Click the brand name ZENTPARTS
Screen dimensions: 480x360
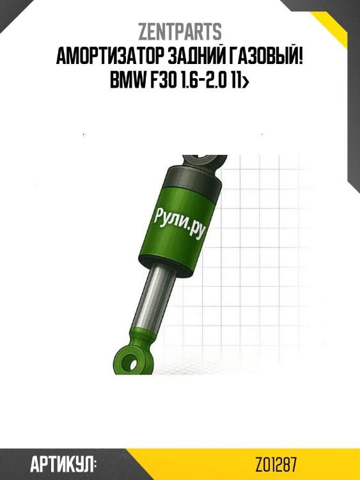[x=180, y=31]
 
